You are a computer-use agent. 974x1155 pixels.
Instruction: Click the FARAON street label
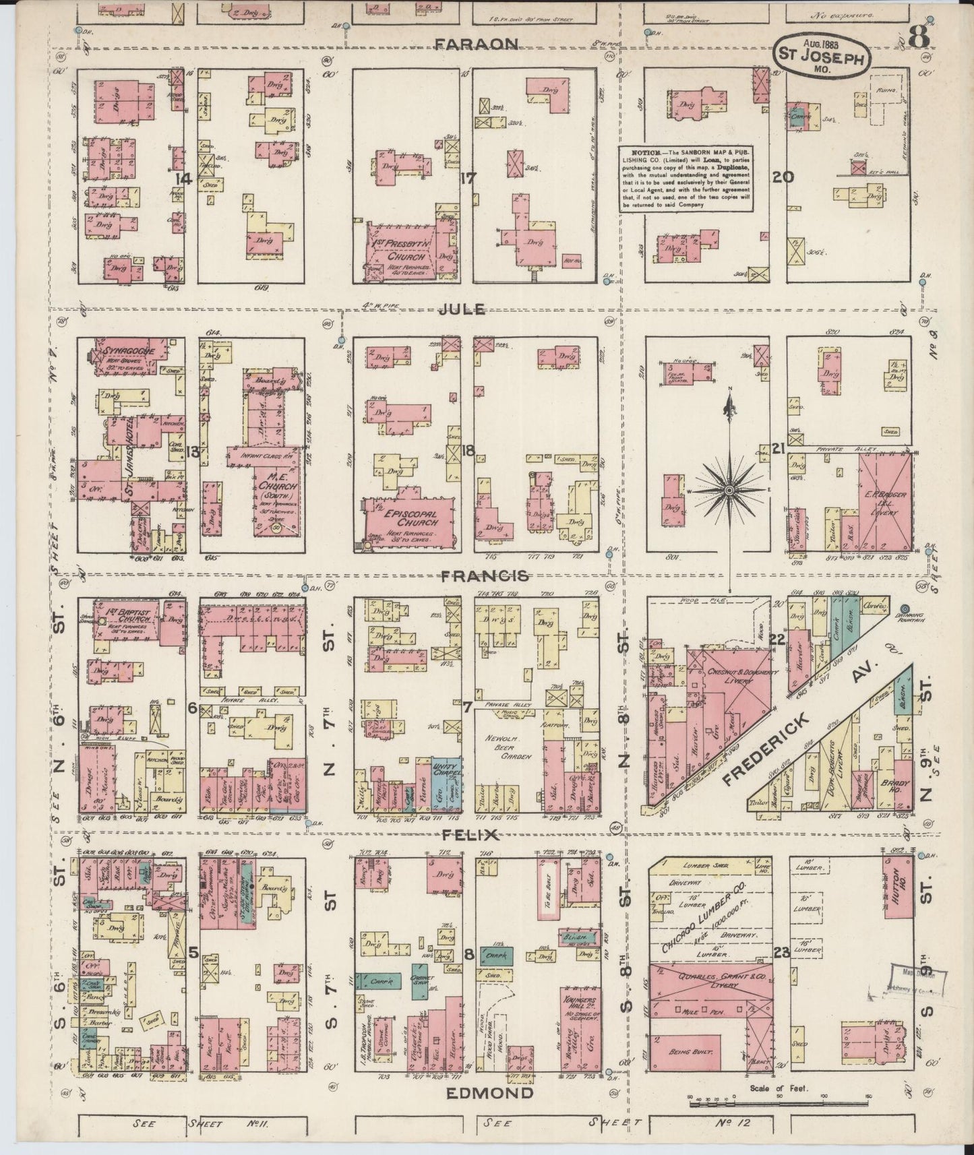(476, 44)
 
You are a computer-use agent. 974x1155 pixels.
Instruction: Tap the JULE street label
(462, 309)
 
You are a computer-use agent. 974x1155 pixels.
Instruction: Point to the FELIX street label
(470, 835)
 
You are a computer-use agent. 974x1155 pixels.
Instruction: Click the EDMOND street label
(489, 1092)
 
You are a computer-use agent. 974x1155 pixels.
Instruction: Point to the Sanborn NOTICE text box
(686, 178)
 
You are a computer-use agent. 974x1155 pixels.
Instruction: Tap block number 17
(466, 179)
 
